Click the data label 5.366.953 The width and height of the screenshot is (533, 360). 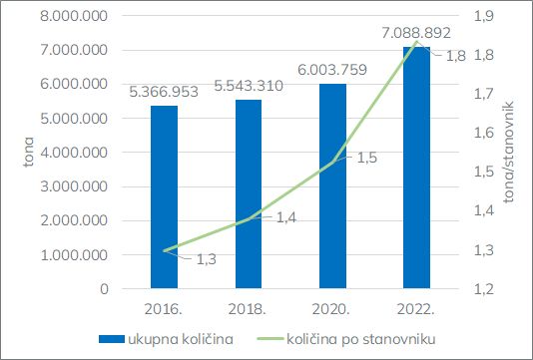click(x=164, y=92)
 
